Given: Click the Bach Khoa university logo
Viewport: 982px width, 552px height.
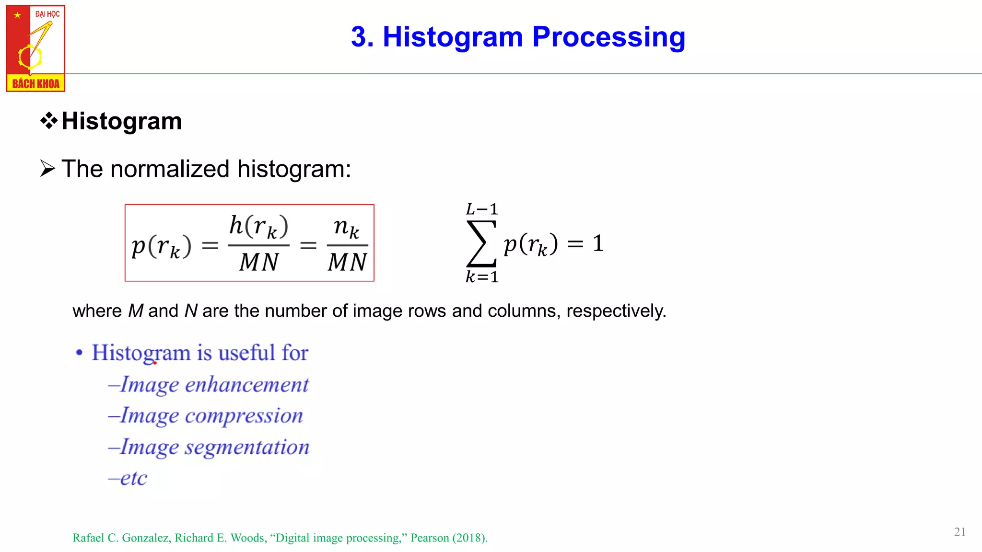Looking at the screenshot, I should point(35,48).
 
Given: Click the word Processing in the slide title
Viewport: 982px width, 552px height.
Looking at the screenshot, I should point(608,37).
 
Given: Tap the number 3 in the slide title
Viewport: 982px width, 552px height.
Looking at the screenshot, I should point(359,37).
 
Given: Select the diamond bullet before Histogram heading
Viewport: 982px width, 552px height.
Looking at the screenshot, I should point(49,121).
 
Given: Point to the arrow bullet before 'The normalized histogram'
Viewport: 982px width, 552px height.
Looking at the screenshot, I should point(47,169).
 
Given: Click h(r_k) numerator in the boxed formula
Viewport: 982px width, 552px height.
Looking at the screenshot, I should point(259,226).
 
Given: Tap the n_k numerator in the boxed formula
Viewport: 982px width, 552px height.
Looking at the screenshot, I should point(347,227).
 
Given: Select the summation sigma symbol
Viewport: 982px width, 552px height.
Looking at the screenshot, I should point(481,243).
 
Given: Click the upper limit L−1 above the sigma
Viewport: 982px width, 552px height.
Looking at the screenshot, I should point(482,209).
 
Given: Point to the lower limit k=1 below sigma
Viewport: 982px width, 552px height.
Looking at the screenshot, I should point(482,277).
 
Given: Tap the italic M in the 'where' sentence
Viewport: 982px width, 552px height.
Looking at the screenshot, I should point(136,311).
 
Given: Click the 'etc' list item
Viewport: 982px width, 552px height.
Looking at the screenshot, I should point(133,478).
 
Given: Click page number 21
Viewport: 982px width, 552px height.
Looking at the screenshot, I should point(959,532).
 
